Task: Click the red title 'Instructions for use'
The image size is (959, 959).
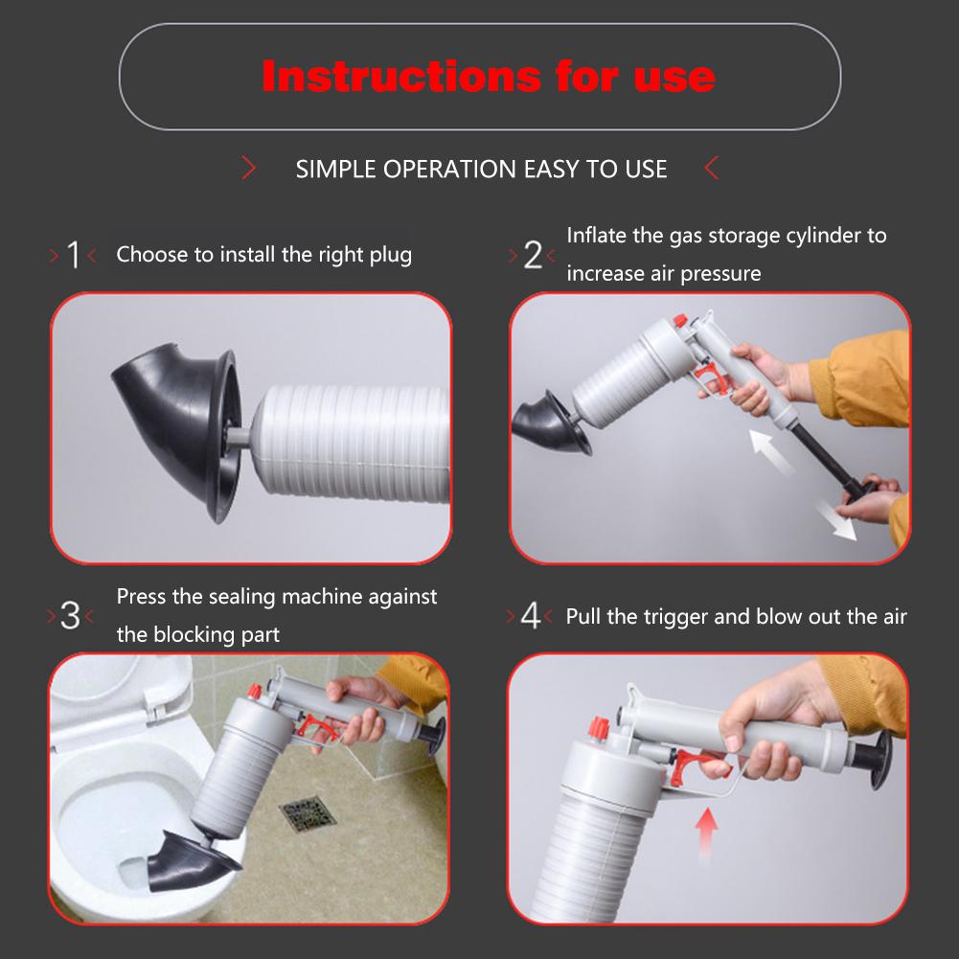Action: pos(489,77)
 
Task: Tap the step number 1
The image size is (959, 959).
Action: pos(73,256)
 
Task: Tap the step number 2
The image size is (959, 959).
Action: pos(533,255)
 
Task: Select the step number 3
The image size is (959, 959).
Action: pos(71,616)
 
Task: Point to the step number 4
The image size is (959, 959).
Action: pos(530,616)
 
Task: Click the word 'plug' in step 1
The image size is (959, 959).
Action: pos(390,255)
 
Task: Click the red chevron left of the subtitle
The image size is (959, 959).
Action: pos(250,171)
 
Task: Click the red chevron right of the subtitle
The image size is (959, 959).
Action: pos(711,171)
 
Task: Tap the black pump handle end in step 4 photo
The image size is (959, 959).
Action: pos(872,745)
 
